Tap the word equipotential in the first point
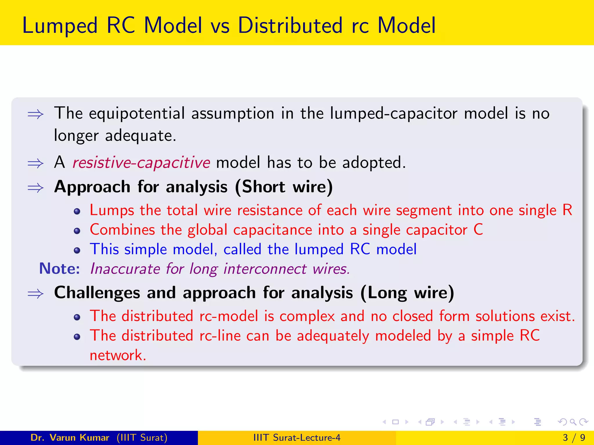pos(137,114)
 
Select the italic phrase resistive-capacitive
pos(141,163)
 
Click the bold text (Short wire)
pos(284,187)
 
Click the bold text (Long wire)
pos(407,293)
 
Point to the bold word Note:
pos(59,269)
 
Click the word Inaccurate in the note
pos(125,269)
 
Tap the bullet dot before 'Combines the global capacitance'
pos(77,231)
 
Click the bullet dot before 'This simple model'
pos(77,250)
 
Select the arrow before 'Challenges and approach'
pos(35,294)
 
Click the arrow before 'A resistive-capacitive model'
pos(35,163)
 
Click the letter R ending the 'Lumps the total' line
pos(567,210)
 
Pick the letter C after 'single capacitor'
pos(478,230)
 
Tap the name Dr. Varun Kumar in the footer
pos(70,437)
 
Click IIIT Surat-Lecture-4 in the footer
pos(297,437)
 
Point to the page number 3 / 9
pos(574,437)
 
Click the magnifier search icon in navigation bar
pos(573,422)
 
